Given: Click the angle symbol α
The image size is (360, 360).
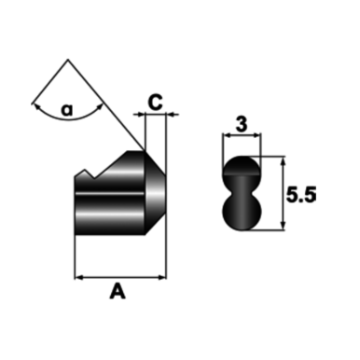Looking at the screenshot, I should [66, 110].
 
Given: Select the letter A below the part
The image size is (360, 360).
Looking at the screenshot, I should [118, 293].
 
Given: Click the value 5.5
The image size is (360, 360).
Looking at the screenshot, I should [301, 195].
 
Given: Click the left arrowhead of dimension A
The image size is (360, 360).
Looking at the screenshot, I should [78, 277].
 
